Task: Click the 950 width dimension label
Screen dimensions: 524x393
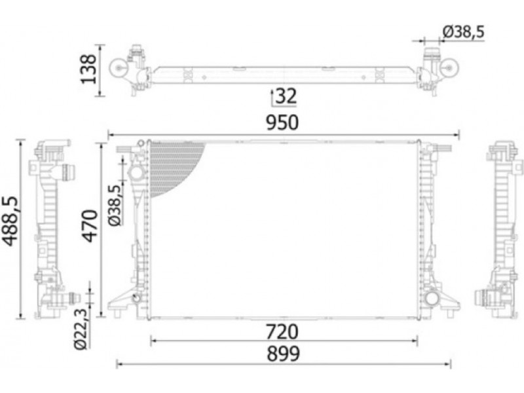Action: point(282,122)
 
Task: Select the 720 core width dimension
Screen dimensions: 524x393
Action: point(282,332)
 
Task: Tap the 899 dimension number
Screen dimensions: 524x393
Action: point(283,354)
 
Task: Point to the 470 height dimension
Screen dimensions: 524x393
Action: point(90,225)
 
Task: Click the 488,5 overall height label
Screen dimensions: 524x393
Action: point(11,221)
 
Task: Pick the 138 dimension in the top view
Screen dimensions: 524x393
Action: point(88,69)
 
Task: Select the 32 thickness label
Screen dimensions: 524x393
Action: point(286,96)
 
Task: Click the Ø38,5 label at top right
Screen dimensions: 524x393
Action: point(463,32)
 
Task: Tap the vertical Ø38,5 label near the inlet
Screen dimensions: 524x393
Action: point(115,205)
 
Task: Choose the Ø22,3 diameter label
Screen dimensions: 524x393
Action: point(81,329)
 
